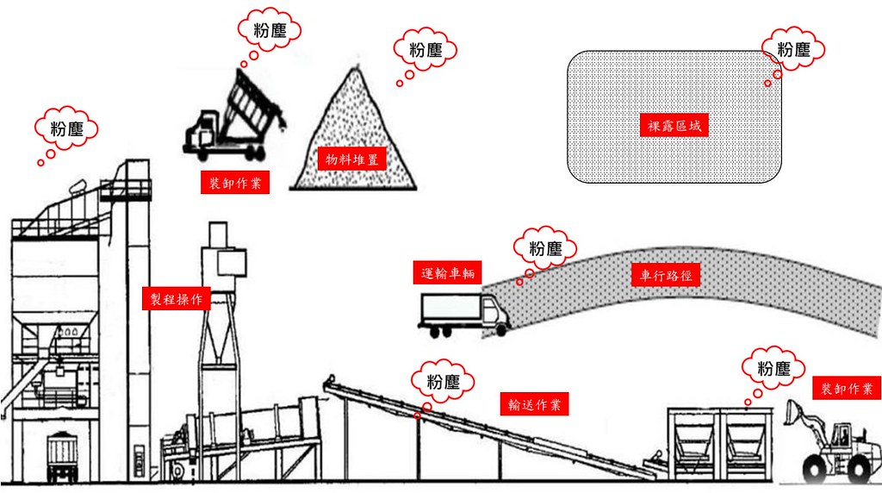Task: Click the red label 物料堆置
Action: tap(352, 159)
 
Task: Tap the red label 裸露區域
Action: tap(674, 126)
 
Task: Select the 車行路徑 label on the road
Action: tap(666, 275)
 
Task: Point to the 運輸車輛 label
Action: tap(448, 273)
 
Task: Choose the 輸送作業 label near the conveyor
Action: tap(534, 404)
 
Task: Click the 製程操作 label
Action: tap(176, 299)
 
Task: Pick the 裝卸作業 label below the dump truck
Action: tap(235, 183)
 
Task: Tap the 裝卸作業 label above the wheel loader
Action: tap(847, 389)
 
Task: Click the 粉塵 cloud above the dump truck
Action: tap(270, 29)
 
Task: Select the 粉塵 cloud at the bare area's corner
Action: tap(793, 49)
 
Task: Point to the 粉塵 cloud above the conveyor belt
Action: tap(443, 382)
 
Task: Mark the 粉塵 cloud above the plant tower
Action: tap(66, 128)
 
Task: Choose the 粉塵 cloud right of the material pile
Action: tap(425, 49)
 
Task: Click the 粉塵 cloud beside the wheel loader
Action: tap(773, 369)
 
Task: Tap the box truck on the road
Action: tap(464, 315)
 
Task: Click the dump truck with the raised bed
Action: tap(234, 115)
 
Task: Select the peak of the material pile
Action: tap(355, 67)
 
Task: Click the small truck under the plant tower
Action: tap(62, 457)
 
